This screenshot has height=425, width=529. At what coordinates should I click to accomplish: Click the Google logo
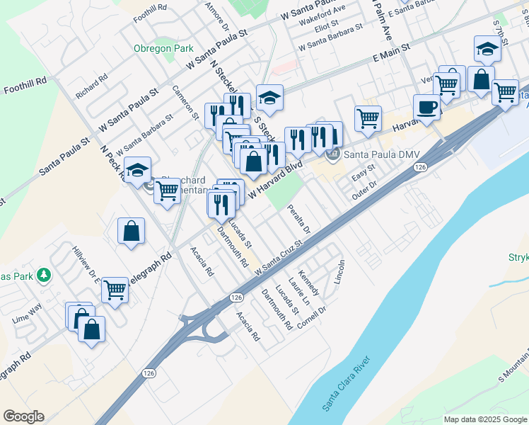coord(23,416)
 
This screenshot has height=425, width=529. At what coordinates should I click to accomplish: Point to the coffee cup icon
coord(426,107)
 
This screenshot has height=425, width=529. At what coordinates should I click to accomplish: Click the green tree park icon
coord(44,274)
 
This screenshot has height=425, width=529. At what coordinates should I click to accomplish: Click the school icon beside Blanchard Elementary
coord(137,170)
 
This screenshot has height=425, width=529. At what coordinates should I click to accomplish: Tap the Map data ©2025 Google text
coord(485,419)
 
